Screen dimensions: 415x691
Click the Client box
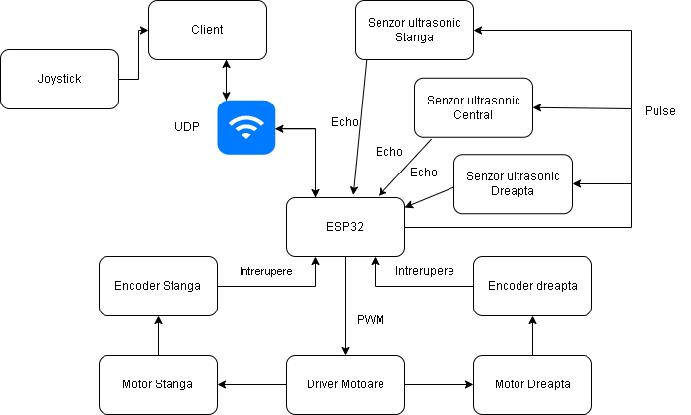[207, 30]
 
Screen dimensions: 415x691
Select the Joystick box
[59, 79]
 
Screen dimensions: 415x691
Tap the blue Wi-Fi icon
[246, 127]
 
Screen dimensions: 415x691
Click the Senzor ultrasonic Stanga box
[414, 30]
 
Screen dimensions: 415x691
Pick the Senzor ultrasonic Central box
[473, 107]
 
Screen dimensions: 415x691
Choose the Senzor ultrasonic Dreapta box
[513, 183]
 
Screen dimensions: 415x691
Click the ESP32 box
[345, 227]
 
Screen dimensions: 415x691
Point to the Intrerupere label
[266, 271]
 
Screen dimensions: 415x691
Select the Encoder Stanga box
[158, 286]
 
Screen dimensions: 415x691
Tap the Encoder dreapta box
[532, 286]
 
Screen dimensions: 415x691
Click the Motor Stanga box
[158, 384]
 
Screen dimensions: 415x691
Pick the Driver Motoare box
[345, 384]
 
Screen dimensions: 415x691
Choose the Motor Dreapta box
[532, 384]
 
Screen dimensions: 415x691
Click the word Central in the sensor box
[473, 115]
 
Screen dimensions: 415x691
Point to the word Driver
[323, 384]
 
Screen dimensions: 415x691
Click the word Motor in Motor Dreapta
[511, 384]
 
